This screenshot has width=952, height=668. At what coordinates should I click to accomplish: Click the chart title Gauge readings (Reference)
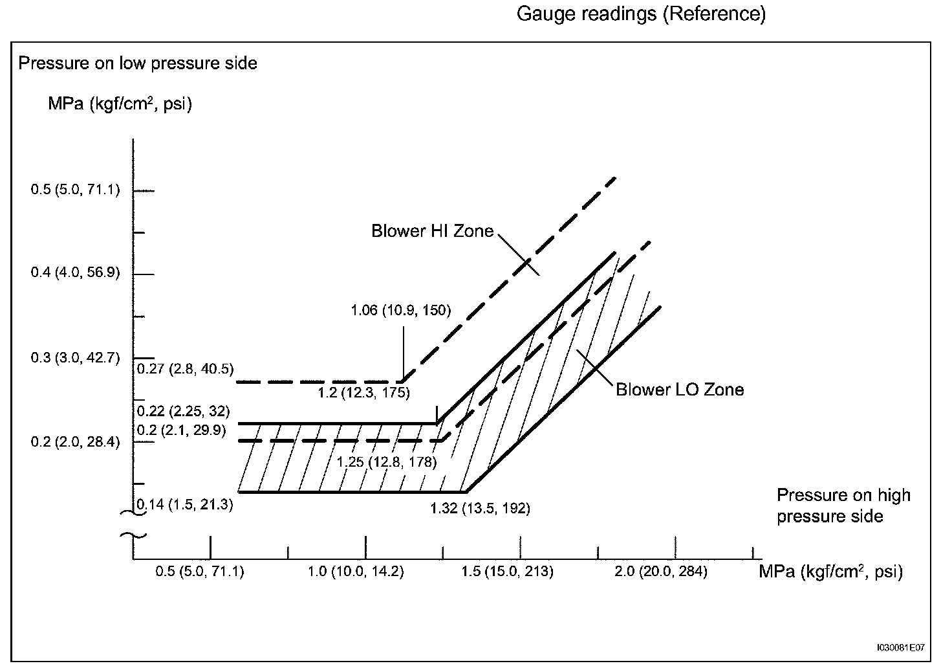point(641,14)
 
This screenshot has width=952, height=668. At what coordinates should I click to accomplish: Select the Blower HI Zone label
point(432,231)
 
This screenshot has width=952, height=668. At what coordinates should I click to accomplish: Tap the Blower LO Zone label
point(679,390)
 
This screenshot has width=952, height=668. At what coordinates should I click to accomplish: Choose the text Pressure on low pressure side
point(138,63)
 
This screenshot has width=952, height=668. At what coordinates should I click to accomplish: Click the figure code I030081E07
point(901,647)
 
